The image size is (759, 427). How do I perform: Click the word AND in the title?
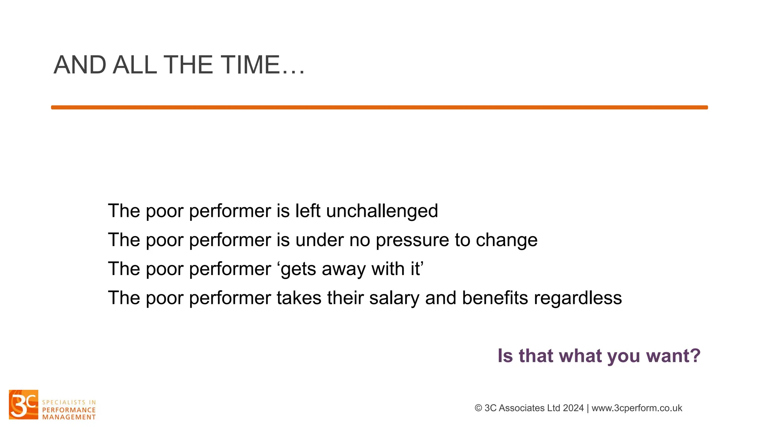80,65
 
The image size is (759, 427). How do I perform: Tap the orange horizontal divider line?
379,107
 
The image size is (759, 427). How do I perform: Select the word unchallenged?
382,211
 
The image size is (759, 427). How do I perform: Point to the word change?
507,240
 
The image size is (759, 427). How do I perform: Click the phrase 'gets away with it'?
350,269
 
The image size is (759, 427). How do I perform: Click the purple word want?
673,356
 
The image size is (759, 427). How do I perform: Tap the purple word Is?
505,356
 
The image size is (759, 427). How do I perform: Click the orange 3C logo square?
24,404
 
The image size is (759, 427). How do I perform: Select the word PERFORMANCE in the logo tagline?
69,410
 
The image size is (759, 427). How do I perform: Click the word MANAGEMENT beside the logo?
69,417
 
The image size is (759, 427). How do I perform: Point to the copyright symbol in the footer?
478,408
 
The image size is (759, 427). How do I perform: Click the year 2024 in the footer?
573,408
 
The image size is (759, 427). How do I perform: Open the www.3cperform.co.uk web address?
637,408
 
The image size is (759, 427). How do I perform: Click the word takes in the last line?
299,298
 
